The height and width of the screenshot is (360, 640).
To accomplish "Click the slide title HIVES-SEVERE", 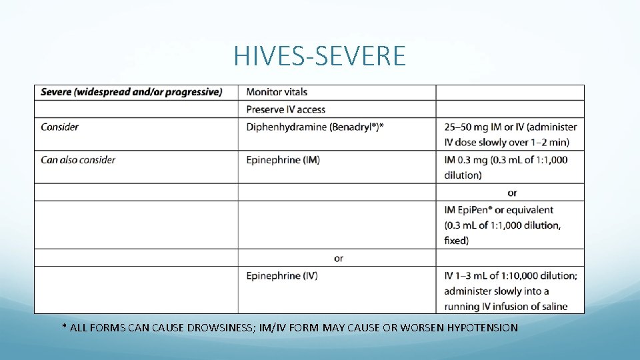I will (319, 56).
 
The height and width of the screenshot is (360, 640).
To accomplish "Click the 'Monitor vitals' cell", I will (277, 92).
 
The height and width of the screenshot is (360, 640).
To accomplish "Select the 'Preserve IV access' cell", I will (286, 109).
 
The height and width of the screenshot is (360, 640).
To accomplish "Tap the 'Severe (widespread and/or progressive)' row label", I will (131, 92).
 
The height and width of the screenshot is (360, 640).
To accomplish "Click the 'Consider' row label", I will (59, 127).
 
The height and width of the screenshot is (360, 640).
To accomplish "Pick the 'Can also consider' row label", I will (78, 160).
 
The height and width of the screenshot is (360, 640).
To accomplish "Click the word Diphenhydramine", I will (286, 127).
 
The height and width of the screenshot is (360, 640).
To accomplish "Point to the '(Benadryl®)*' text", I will (357, 127).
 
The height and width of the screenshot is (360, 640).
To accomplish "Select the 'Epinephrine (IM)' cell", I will (283, 160).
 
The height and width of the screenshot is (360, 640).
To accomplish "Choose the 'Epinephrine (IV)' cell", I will (282, 275).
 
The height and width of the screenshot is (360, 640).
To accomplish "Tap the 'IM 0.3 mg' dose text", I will (467, 160).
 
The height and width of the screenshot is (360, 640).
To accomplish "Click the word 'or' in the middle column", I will (339, 258).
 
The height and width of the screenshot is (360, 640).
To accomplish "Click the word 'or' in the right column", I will (512, 193).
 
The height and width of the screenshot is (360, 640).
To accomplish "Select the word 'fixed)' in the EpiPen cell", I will (457, 241).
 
